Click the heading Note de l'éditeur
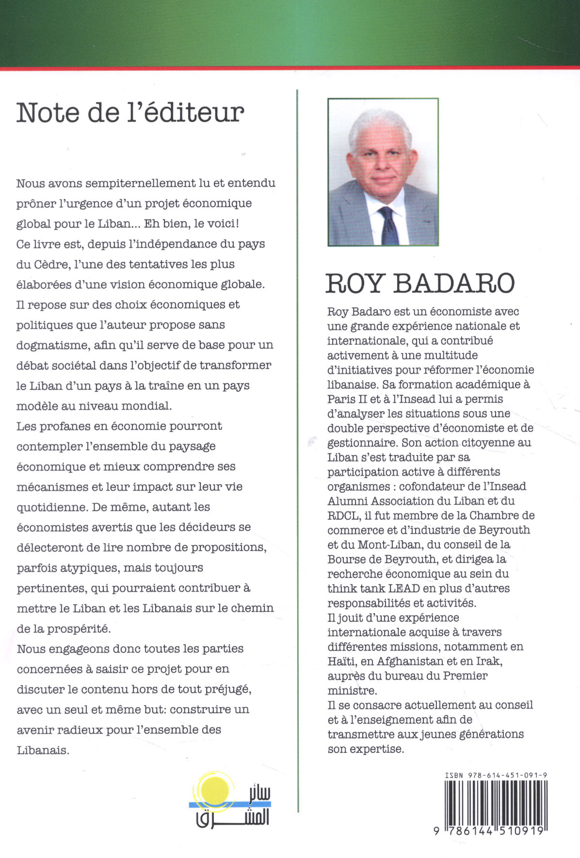130,113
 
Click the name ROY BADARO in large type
419,283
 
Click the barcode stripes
496,802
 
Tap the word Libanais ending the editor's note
43,750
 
